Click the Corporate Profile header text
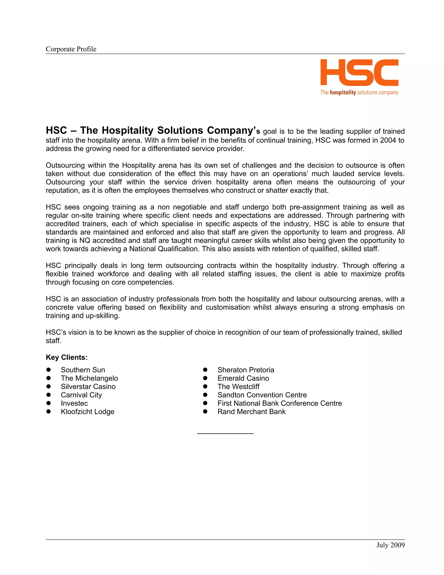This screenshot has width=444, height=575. tap(71, 49)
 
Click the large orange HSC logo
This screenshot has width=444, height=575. tap(359, 72)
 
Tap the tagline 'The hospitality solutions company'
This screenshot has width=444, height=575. tap(359, 92)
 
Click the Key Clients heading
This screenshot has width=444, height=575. tap(67, 357)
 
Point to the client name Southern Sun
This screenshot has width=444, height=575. tap(83, 370)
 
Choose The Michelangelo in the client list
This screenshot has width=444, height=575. tap(90, 378)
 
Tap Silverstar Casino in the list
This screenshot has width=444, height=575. tap(88, 387)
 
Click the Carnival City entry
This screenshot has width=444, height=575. tap(81, 395)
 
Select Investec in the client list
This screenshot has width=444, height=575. tap(74, 403)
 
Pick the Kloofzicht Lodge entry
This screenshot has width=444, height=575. tap(88, 412)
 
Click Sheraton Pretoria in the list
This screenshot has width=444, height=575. tap(246, 370)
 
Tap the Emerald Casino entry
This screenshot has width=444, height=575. tap(243, 378)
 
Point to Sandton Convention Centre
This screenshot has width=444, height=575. tap(262, 395)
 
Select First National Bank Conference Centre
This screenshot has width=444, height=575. tap(280, 403)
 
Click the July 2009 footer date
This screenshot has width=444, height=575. tap(390, 545)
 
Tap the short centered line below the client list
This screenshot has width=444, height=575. tap(225, 433)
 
